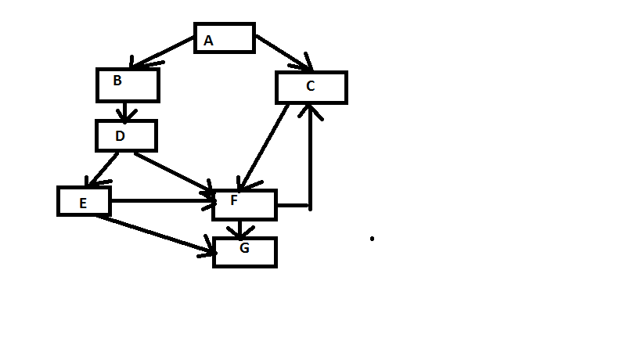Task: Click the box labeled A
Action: [225, 38]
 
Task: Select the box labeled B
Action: [128, 85]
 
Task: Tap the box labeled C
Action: [311, 87]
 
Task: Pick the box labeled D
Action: [126, 135]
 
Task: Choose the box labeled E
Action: [84, 201]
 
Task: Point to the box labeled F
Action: [244, 204]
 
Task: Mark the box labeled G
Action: [244, 252]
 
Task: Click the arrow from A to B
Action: [163, 52]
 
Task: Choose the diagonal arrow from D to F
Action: [174, 173]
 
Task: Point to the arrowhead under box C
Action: [312, 111]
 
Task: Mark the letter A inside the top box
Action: [208, 41]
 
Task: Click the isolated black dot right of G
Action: [372, 238]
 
